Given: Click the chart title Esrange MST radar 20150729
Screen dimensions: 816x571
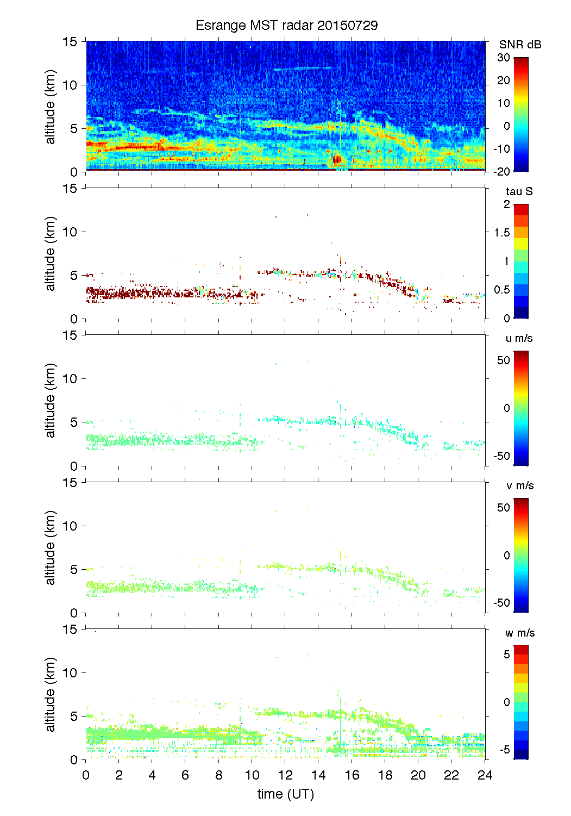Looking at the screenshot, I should click(x=286, y=26).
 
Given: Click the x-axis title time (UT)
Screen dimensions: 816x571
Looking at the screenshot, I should click(x=286, y=794).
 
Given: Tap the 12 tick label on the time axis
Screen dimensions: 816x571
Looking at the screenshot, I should click(x=286, y=775).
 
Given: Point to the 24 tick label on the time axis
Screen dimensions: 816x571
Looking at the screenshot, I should click(x=485, y=775).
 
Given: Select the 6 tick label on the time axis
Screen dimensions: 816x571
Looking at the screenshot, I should click(x=185, y=775).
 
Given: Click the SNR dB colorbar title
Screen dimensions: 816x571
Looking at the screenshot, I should click(x=520, y=45).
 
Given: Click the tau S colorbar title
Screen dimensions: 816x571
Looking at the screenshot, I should click(x=519, y=191).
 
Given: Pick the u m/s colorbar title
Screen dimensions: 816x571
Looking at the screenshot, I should click(x=519, y=338).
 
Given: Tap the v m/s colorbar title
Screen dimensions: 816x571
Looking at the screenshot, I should click(x=519, y=485).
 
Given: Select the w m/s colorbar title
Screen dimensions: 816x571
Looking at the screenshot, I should click(x=520, y=633).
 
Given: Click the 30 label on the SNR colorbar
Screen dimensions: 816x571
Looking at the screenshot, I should click(x=504, y=58).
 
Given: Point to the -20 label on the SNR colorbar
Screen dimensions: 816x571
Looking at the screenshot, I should click(x=502, y=172).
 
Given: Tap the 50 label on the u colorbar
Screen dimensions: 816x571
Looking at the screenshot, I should click(x=504, y=360).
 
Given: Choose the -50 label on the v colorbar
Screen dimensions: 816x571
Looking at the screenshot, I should click(x=502, y=603).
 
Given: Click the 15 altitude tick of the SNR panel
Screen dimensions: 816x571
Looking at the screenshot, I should click(x=70, y=41).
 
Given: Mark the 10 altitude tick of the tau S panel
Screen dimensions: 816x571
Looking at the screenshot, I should click(x=70, y=232).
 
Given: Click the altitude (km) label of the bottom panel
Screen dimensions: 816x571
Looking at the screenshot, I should click(x=51, y=694).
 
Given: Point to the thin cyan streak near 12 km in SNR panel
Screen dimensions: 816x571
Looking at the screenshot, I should click(x=302, y=68).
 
